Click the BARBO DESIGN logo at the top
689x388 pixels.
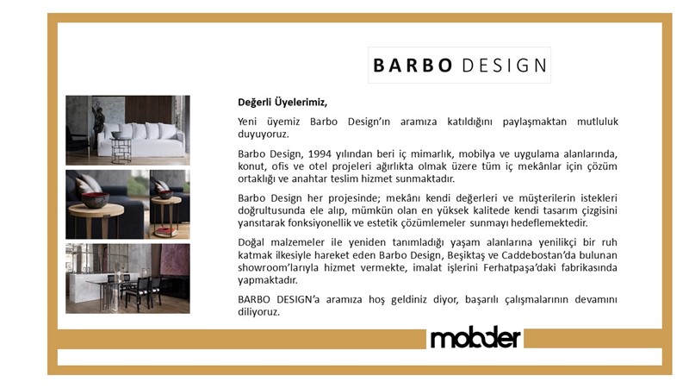point(459,66)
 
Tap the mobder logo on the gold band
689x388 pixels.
point(475,338)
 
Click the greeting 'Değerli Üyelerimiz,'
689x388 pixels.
point(282,103)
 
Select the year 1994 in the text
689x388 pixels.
point(320,154)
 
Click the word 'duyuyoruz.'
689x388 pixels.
point(264,135)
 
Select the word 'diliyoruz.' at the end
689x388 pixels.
point(259,312)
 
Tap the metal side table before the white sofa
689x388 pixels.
point(121,149)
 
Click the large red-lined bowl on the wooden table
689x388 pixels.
point(95,199)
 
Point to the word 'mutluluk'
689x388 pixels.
point(598,122)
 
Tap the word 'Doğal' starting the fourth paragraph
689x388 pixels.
point(251,243)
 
